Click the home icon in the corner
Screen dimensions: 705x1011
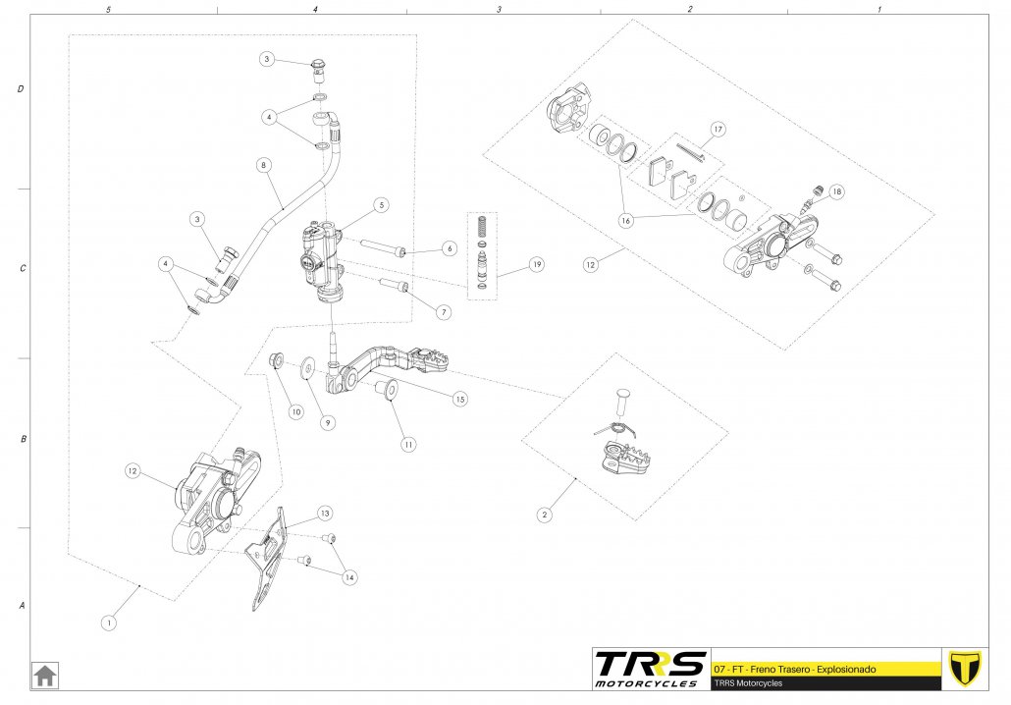45,676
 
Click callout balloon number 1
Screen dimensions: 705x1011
110,622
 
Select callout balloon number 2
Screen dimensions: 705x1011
545,514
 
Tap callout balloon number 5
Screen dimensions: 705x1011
381,205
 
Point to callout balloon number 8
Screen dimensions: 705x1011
263,166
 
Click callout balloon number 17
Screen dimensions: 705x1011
718,129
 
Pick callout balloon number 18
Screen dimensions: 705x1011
835,191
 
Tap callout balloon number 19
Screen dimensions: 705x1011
535,264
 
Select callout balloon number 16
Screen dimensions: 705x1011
626,221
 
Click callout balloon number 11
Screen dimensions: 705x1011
407,443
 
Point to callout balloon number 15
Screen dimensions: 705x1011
458,399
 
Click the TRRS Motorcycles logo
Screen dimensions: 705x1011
649,668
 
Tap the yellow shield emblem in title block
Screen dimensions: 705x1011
964,668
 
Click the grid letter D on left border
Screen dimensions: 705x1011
21,89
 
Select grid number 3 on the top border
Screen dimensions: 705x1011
500,9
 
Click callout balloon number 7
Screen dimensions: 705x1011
443,311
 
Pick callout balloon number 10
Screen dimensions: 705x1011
295,412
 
